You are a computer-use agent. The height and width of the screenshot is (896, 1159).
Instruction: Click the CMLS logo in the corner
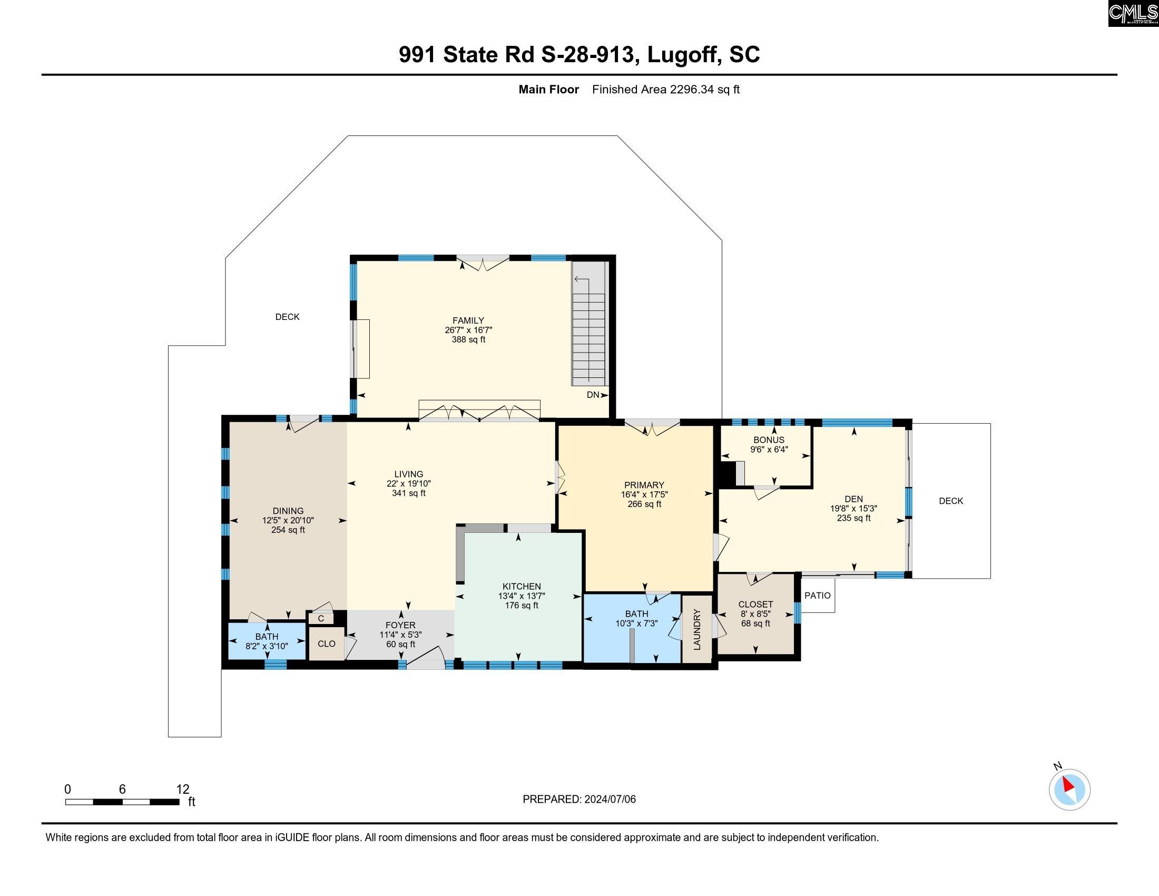point(1133,13)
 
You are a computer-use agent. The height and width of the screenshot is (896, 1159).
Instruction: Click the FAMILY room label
point(468,320)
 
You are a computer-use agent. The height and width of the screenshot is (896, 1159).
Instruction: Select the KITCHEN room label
point(522,587)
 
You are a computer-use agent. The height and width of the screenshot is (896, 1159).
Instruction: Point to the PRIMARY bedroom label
point(644,484)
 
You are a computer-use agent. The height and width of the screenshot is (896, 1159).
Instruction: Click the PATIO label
point(817,596)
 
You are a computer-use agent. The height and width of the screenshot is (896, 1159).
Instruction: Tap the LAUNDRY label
point(697,629)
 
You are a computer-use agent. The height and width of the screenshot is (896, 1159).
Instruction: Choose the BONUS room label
point(769,440)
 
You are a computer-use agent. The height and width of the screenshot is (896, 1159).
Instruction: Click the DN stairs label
point(593,395)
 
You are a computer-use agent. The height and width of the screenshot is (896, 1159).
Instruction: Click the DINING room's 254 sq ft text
point(288,530)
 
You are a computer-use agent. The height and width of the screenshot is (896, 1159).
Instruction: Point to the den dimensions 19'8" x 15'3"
point(853,509)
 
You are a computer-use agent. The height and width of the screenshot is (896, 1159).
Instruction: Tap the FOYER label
point(401,625)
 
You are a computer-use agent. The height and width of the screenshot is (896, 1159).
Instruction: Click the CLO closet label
point(327,644)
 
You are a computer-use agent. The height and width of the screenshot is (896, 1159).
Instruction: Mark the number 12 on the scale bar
point(183,790)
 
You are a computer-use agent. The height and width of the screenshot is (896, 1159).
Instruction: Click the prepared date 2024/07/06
point(609,800)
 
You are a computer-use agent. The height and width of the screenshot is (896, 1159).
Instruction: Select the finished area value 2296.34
point(693,90)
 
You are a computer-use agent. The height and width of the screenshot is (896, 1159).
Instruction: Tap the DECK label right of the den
point(951,501)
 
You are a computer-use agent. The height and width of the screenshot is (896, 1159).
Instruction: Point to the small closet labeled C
point(321,619)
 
